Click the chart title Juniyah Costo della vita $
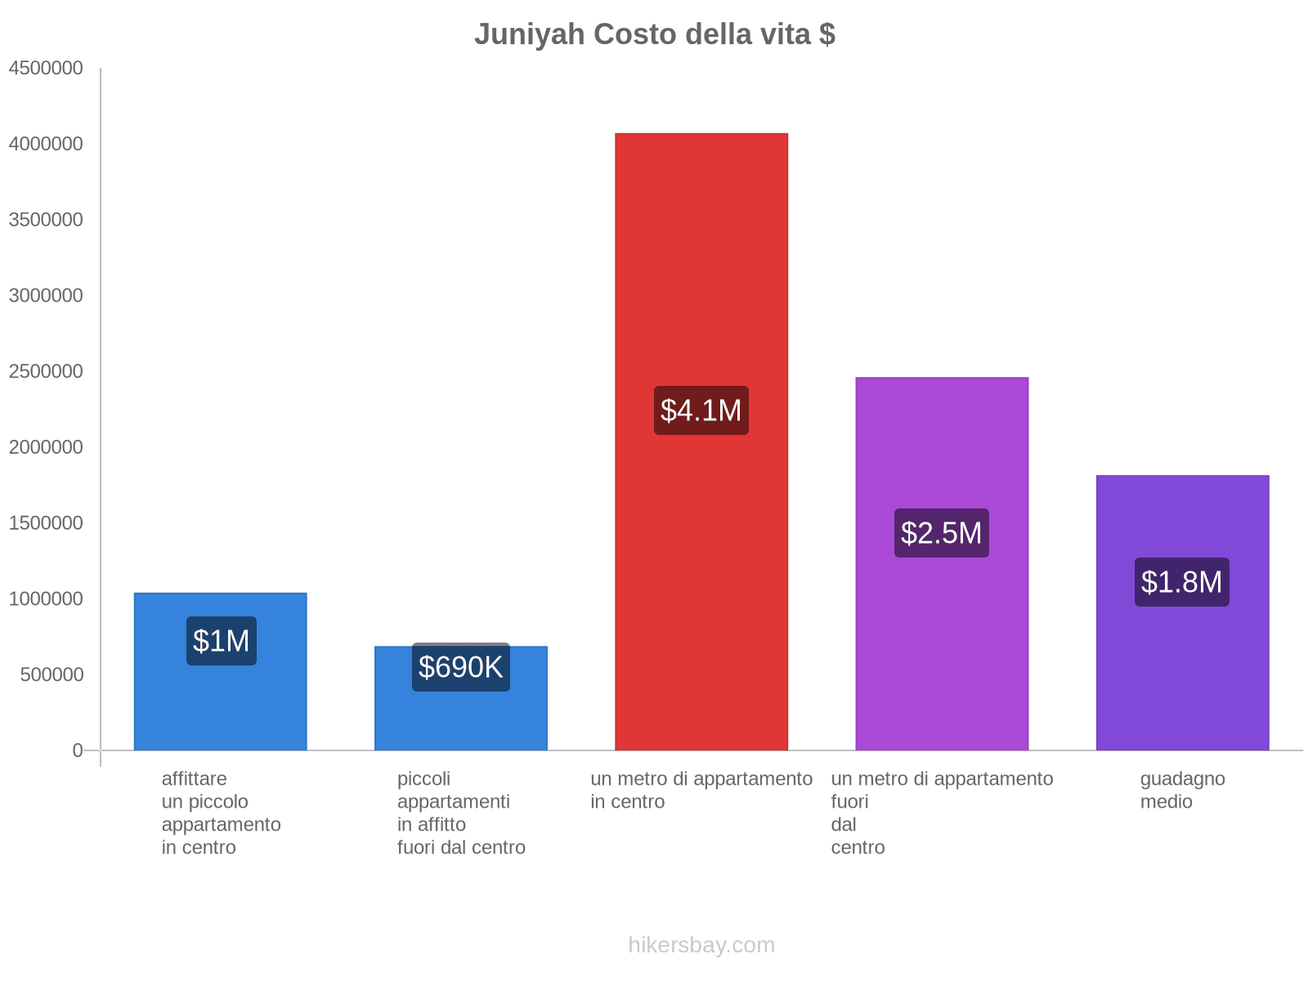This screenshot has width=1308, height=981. point(654,34)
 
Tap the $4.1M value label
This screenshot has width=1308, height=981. point(701,410)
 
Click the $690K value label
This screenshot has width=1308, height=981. point(460,667)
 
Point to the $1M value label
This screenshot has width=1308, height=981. point(221,641)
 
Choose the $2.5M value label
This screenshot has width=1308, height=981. point(941,533)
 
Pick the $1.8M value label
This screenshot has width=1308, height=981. point(1181,582)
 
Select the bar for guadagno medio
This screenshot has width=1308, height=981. point(1182,670)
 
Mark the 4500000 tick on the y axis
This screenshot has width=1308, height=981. point(46,68)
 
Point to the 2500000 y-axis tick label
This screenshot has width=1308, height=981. point(46,371)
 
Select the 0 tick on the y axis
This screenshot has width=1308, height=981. point(78,750)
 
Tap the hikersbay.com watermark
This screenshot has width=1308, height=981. point(701,945)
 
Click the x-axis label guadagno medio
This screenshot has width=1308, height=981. point(1182,790)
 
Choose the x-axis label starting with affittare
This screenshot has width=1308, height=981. point(221,813)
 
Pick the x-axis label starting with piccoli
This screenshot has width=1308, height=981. point(460,813)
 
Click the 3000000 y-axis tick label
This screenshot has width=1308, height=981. point(46,295)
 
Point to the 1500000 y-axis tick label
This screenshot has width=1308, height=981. point(46,523)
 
